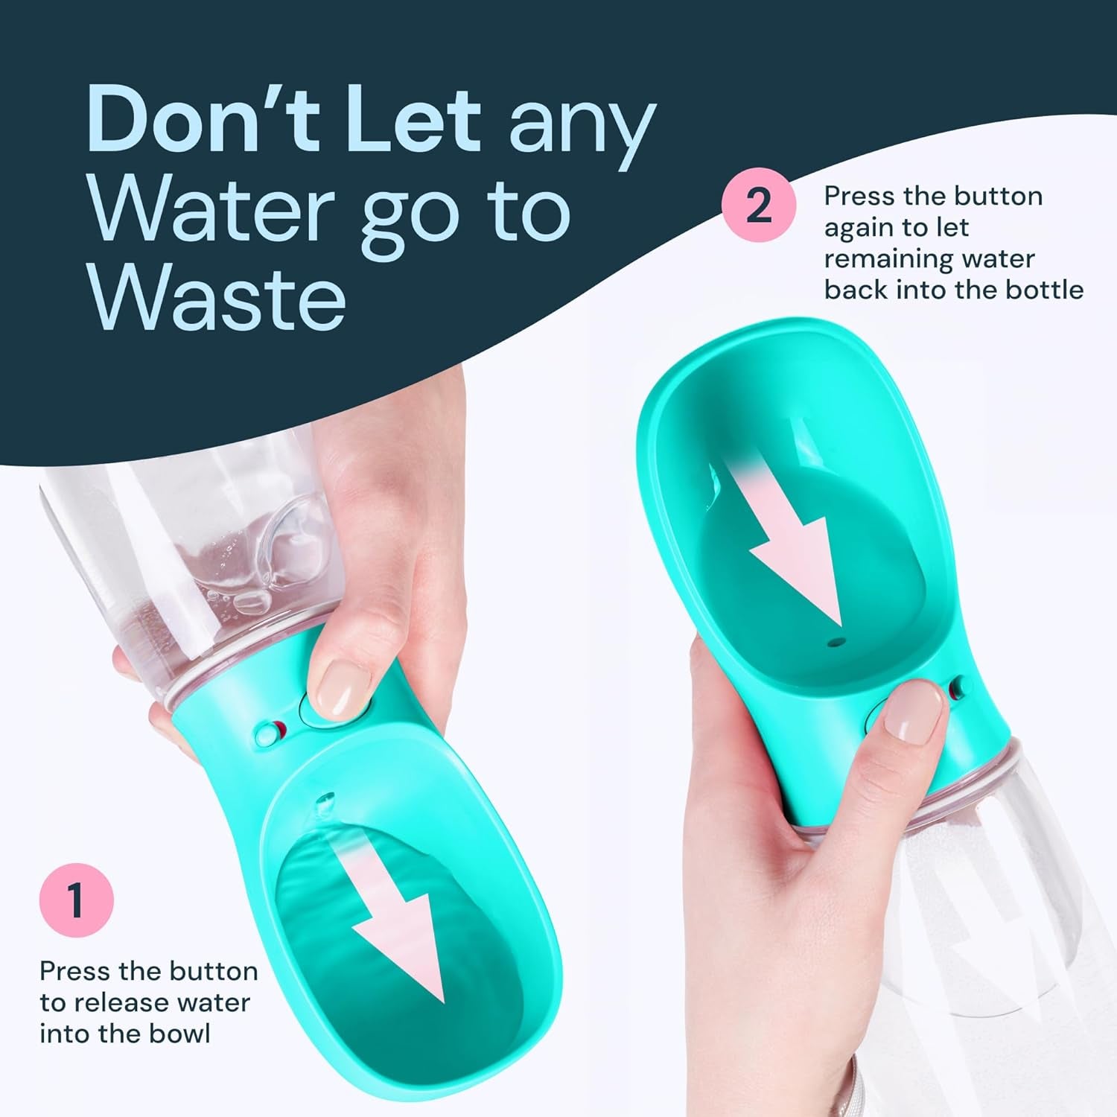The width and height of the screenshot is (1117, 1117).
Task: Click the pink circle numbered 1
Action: [76, 900]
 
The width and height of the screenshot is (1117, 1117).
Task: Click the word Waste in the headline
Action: [219, 297]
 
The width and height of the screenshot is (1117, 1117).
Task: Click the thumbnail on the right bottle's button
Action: [915, 712]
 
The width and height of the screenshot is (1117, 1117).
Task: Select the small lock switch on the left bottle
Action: [270, 732]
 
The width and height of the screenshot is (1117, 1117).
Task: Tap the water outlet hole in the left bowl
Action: [325, 801]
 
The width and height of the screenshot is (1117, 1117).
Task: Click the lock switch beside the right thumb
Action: [960, 687]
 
